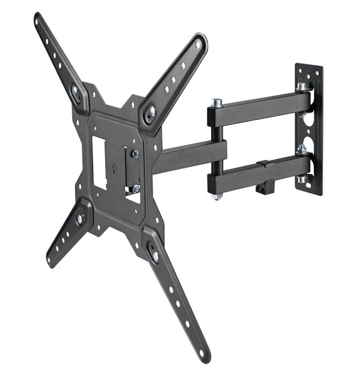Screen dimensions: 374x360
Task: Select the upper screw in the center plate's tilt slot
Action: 136,154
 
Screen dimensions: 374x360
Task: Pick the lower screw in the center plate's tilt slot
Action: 136,188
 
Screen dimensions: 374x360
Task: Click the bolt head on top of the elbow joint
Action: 217,102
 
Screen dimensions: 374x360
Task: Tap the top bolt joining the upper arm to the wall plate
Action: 303,86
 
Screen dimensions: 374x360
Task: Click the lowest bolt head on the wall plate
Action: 303,179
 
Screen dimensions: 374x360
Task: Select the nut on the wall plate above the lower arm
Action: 302,149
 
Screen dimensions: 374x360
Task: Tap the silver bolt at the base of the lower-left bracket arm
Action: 80,218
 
